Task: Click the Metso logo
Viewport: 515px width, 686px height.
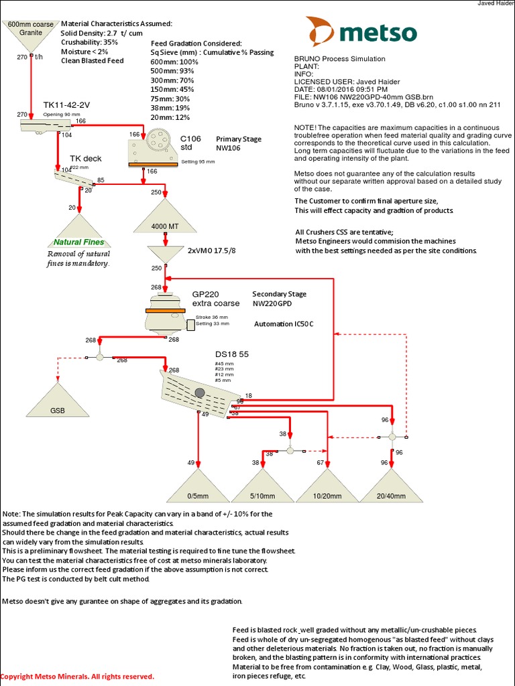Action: (x=361, y=31)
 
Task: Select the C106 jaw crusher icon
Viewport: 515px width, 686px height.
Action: (x=154, y=148)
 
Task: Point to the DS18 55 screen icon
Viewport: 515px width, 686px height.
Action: (x=200, y=389)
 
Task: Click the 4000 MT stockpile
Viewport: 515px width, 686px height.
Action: (x=164, y=218)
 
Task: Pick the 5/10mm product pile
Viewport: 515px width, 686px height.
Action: (x=262, y=488)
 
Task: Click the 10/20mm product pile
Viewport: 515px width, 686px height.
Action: (x=327, y=488)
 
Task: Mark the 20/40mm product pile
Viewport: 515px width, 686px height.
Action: (x=392, y=488)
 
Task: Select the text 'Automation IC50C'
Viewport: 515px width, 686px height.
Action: (x=284, y=324)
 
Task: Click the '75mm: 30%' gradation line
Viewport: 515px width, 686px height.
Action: (x=171, y=98)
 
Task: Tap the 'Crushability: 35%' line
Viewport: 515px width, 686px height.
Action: (x=89, y=42)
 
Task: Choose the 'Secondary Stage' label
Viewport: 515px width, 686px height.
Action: (x=279, y=294)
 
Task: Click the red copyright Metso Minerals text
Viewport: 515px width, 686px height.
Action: (x=78, y=677)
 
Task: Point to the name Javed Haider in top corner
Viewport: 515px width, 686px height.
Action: (x=496, y=4)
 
